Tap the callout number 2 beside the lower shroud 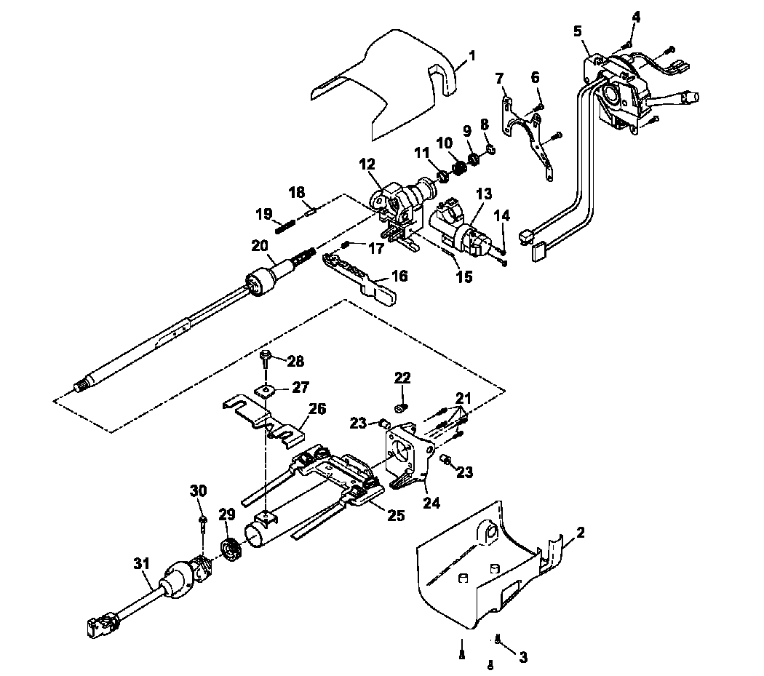[580, 533]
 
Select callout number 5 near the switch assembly [577, 31]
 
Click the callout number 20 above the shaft [260, 246]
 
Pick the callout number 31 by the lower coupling [141, 563]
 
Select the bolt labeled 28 [266, 356]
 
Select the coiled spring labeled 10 [460, 167]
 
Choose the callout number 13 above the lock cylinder [484, 194]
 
